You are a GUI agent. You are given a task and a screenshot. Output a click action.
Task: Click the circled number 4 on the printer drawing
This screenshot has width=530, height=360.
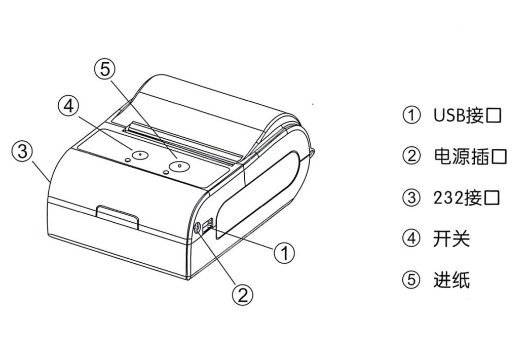pos(68,106)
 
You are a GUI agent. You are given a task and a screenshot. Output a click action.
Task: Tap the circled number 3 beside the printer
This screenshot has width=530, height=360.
pos(22,150)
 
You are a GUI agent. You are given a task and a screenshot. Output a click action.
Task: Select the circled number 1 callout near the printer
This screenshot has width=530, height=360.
pos(284,253)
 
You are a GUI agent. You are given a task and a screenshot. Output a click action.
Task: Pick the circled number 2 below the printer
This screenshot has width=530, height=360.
pos(243,295)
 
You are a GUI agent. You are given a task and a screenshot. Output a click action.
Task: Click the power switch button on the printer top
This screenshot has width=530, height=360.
pos(140,154)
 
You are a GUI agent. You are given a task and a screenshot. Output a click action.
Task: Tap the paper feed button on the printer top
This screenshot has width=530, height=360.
pos(179,166)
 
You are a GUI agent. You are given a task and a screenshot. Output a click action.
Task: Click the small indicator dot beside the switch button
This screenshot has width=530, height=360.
pos(128,159)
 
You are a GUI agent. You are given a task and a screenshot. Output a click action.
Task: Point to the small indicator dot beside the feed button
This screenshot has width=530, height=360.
pos(166,172)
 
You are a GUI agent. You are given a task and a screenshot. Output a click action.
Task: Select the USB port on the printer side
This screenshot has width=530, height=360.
pos(207,225)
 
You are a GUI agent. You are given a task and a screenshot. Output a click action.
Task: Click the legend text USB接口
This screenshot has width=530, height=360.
pos(467,115)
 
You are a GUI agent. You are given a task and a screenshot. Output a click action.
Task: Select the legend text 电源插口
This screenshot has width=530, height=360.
pos(470,156)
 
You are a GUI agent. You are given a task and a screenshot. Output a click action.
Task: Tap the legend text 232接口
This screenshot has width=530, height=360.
pos(466,198)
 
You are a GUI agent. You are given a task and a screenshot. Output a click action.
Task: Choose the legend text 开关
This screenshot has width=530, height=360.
pos(451,239)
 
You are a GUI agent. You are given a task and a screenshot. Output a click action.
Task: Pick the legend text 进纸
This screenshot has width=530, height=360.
pos(451,280)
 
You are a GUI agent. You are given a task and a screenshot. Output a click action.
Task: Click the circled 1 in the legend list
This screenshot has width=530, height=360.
pos(411,115)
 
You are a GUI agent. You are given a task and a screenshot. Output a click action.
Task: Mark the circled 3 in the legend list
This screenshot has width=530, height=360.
pos(411,198)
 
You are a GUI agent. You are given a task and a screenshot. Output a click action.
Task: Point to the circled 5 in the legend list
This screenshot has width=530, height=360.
pos(411,280)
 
